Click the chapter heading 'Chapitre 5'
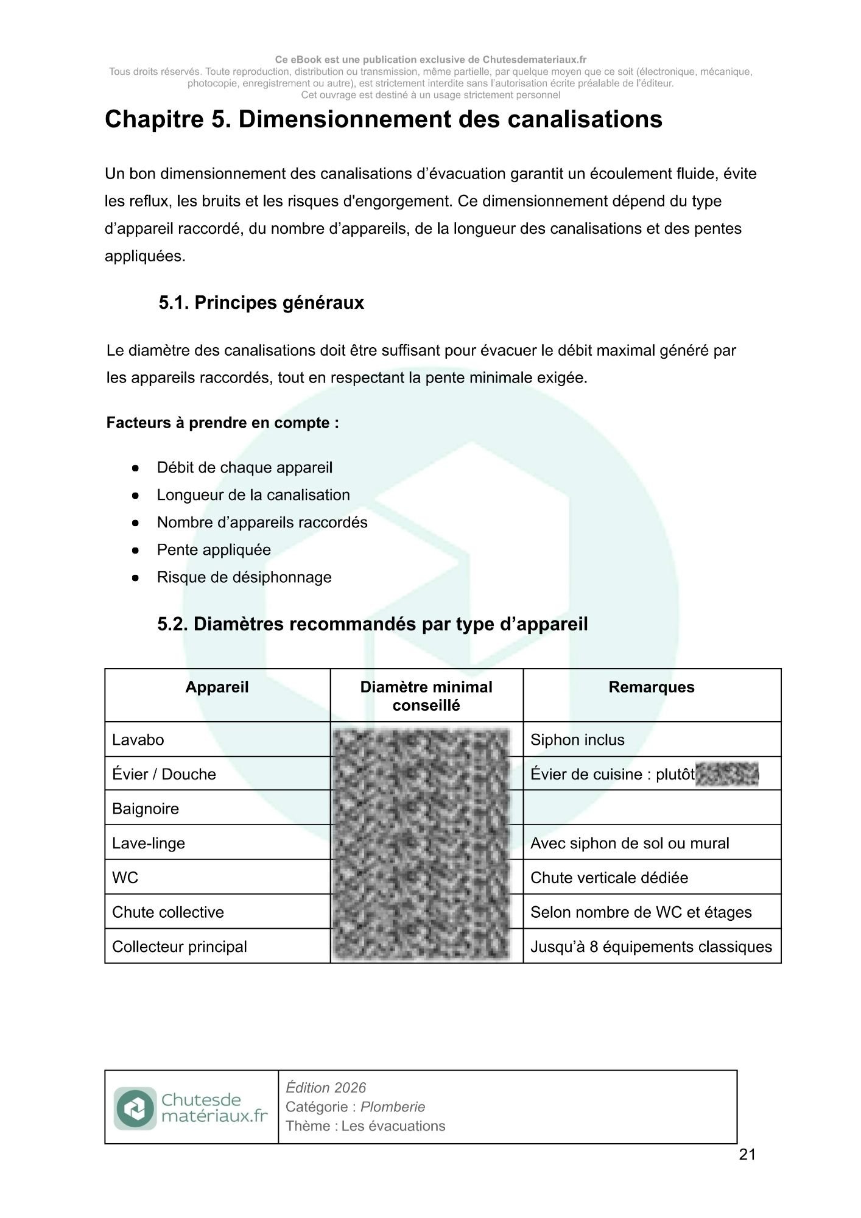pyautogui.click(x=383, y=119)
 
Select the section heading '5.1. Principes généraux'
pyautogui.click(x=261, y=303)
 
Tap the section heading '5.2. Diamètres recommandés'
pyautogui.click(x=372, y=624)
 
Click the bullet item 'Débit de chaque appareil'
pyautogui.click(x=244, y=468)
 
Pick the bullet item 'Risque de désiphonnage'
pyautogui.click(x=244, y=577)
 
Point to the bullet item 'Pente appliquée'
pyautogui.click(x=213, y=549)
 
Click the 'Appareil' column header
pyautogui.click(x=217, y=687)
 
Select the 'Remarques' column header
pyautogui.click(x=651, y=687)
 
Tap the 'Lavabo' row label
pyautogui.click(x=138, y=740)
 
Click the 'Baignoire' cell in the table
pyautogui.click(x=146, y=809)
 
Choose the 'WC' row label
pyautogui.click(x=125, y=878)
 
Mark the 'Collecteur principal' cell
pyautogui.click(x=180, y=946)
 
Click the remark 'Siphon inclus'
pyautogui.click(x=577, y=740)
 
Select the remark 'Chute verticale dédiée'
pyautogui.click(x=609, y=878)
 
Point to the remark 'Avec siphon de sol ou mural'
pyautogui.click(x=629, y=843)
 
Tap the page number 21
pyautogui.click(x=747, y=1155)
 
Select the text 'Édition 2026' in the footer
pyautogui.click(x=326, y=1087)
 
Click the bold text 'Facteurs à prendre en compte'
pyautogui.click(x=222, y=423)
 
